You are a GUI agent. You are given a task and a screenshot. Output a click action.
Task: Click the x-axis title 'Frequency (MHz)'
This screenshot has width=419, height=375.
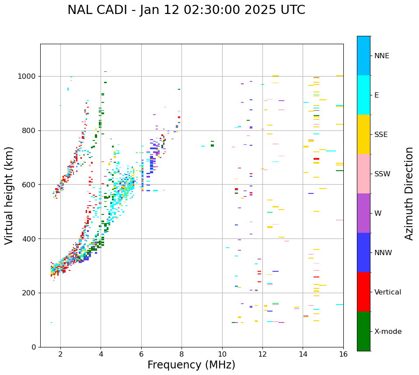pos(191,365)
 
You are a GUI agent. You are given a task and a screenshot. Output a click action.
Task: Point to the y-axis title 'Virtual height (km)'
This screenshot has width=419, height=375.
pos(9,195)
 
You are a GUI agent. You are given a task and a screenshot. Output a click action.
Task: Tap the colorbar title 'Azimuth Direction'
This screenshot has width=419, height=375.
pos(409,193)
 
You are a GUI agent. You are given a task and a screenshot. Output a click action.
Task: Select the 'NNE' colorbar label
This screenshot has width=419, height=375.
pos(382,56)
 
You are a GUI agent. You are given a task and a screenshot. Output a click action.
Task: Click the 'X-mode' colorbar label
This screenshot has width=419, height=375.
pos(388,332)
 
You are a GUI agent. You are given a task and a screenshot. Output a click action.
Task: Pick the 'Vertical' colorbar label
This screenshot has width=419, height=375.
pos(388,292)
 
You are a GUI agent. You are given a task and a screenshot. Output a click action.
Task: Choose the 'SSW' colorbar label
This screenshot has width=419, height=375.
pos(382,174)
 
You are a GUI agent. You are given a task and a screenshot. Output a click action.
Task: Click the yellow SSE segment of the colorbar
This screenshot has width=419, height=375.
pos(363,134)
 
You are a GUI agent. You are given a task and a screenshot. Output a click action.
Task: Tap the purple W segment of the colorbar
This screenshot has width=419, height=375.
pos(363,213)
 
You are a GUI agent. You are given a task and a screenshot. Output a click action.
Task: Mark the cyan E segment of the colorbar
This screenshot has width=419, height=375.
pos(363,95)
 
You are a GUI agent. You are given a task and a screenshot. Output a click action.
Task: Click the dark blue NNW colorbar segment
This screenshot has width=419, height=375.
pos(363,252)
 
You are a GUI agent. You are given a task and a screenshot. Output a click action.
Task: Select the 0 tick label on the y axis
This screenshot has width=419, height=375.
pos(34,347)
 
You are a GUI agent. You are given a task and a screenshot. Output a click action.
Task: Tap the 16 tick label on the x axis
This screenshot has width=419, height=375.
pos(343,354)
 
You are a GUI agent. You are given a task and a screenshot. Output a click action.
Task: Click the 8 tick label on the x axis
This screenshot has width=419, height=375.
pos(182,354)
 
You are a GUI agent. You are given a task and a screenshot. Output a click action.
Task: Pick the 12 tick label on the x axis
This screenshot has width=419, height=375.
pos(262,354)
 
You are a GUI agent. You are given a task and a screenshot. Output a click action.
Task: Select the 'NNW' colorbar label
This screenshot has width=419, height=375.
pos(383,253)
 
